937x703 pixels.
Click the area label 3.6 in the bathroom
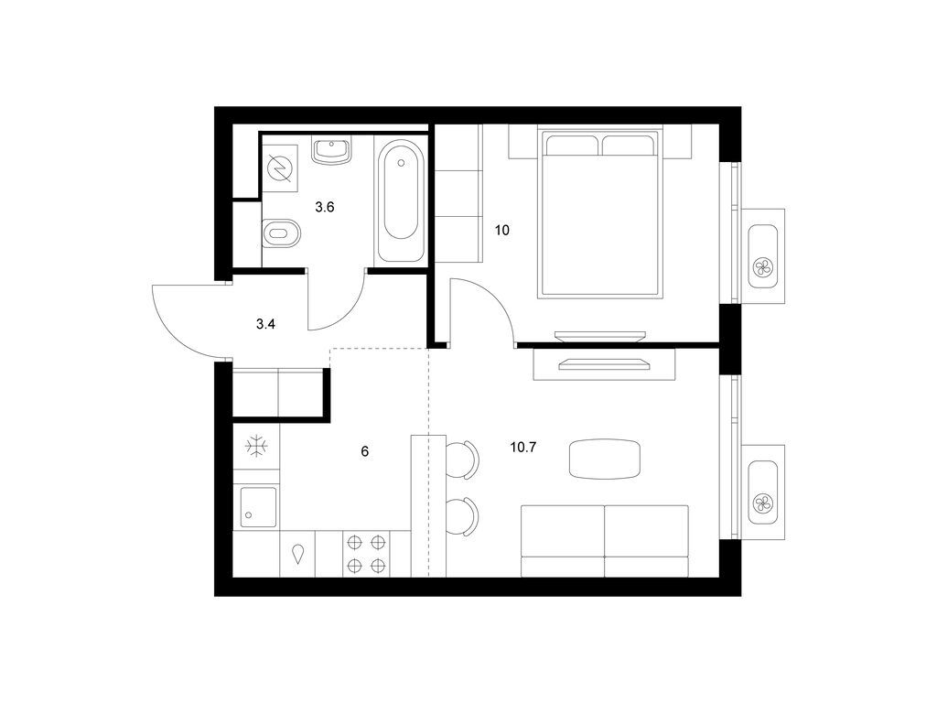pos(325,208)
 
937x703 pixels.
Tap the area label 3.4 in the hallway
pos(265,325)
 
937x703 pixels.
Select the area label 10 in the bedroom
pos(502,230)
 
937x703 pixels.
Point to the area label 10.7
pos(522,447)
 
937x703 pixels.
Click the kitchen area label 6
pos(364,451)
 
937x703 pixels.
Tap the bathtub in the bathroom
pos(401,199)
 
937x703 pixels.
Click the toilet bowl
pos(282,233)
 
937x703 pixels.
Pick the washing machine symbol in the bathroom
pos(280,168)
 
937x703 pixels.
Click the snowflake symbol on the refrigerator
pos(257,447)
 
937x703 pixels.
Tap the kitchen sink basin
pos(258,507)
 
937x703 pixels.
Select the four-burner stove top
pos(366,554)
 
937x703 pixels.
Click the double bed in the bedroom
pos(600,212)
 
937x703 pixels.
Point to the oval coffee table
pos(605,460)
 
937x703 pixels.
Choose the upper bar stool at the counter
pos(462,460)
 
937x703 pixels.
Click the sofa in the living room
pos(605,541)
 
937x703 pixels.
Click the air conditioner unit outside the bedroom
pos(763,256)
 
